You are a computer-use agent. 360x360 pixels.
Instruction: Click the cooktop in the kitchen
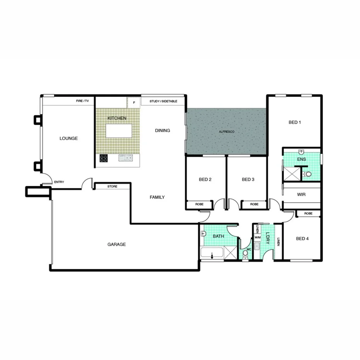(104, 158)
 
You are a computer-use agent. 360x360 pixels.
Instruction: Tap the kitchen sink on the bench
(126, 158)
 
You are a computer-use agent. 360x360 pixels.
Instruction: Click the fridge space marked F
(134, 102)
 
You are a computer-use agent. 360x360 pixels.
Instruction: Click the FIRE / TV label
(82, 101)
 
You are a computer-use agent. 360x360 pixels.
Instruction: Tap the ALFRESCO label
(226, 132)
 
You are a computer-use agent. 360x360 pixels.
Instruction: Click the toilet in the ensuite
(307, 174)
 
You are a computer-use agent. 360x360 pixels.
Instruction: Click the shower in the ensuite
(292, 173)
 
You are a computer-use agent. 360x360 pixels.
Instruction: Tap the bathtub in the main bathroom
(212, 254)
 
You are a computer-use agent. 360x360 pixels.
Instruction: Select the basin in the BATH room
(203, 233)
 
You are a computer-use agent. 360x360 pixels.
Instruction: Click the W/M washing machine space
(258, 237)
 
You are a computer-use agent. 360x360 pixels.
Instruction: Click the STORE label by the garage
(112, 187)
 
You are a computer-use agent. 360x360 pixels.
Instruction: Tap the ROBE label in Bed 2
(199, 204)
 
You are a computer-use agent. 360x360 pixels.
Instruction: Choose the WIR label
(301, 195)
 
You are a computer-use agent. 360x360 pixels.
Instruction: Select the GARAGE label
(116, 244)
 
